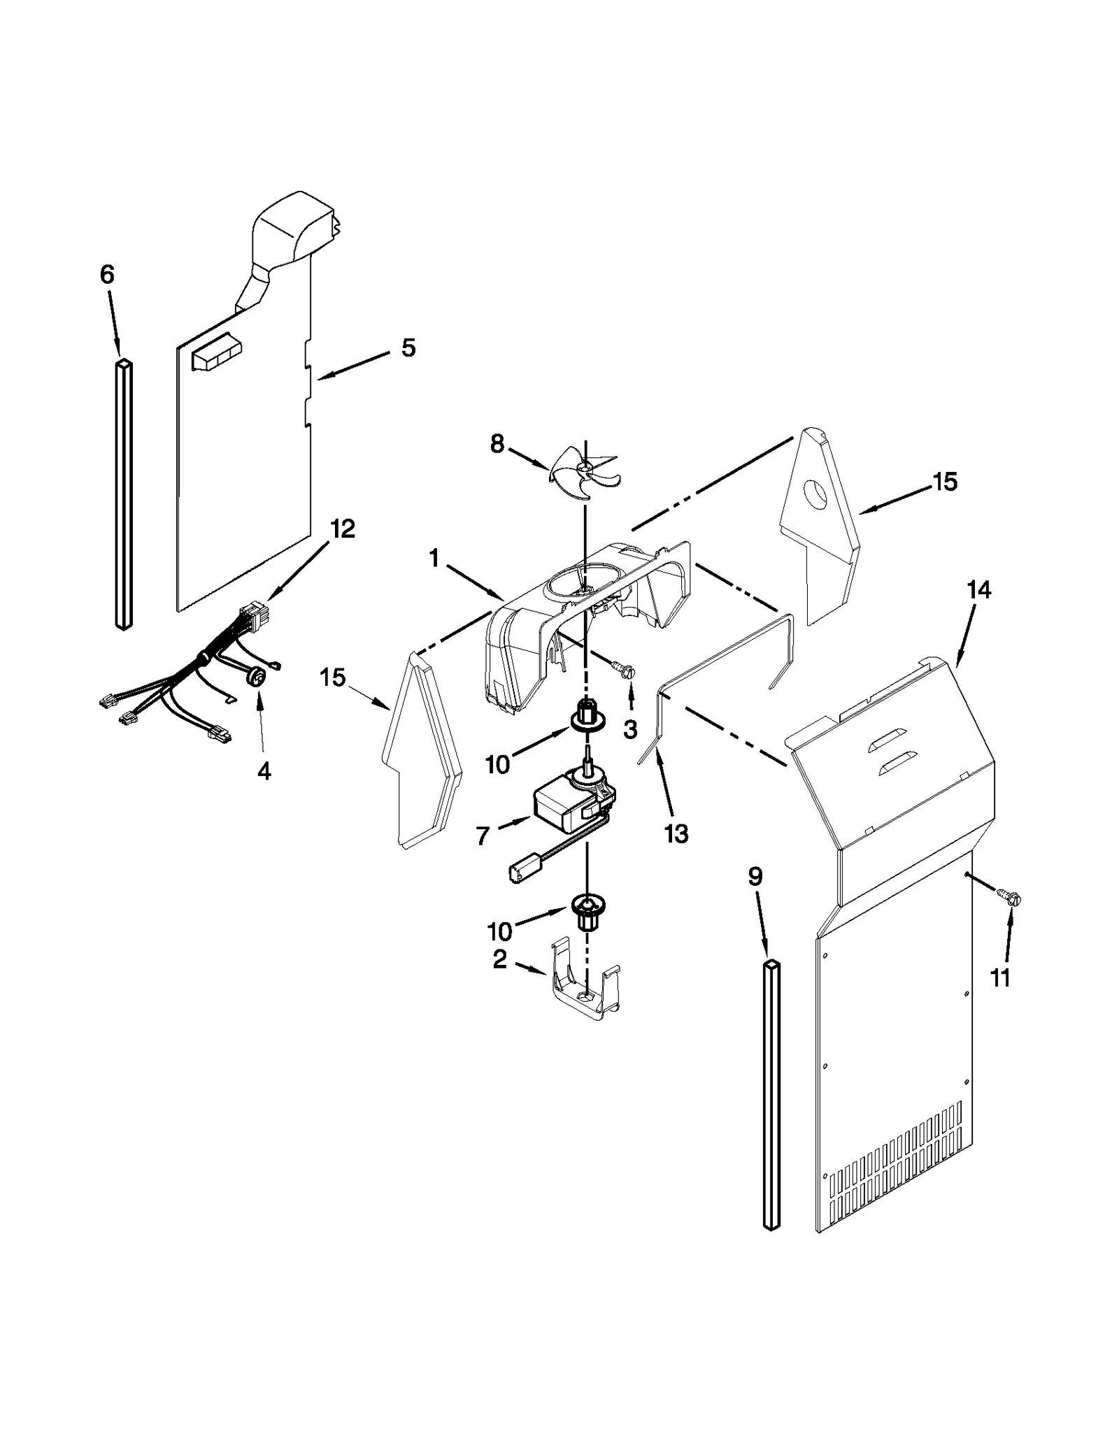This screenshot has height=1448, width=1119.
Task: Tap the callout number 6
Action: pyautogui.click(x=106, y=275)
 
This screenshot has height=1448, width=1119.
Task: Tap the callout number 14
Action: pyautogui.click(x=979, y=591)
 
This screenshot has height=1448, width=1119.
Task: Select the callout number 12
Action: pyautogui.click(x=343, y=529)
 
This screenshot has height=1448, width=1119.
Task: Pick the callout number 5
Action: pyautogui.click(x=408, y=347)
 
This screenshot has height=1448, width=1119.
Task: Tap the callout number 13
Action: pyautogui.click(x=676, y=833)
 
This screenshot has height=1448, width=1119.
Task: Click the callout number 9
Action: pyautogui.click(x=755, y=877)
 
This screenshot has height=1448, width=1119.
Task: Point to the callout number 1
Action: pyautogui.click(x=434, y=559)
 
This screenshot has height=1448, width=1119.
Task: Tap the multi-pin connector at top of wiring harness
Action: pyautogui.click(x=249, y=617)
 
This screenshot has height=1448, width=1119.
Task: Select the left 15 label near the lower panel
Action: pyautogui.click(x=334, y=677)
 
